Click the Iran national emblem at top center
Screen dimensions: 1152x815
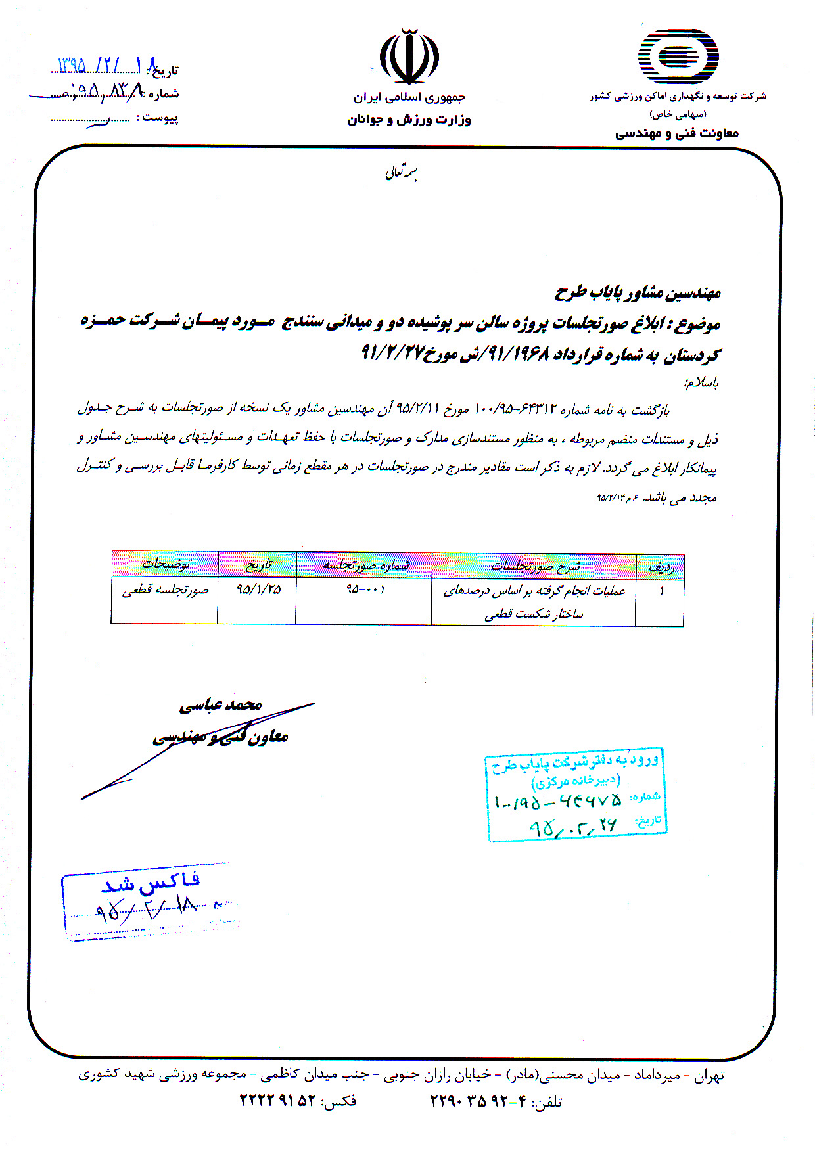409,57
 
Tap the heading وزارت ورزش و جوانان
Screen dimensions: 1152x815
409,120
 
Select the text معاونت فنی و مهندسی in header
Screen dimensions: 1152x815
676,133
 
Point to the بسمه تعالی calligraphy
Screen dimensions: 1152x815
402,172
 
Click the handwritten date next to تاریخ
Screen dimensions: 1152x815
105,65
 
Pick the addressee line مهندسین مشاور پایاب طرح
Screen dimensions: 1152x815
638,293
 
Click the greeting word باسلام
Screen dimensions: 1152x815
702,382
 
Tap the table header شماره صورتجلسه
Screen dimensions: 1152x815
365,565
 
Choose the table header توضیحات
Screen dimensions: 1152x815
166,564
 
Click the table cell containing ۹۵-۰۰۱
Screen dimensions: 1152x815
365,589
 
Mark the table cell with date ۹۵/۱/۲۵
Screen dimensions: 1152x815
258,589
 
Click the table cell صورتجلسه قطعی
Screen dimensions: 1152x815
165,590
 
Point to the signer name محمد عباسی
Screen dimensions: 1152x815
221,705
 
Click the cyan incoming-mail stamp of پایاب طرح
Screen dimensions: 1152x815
576,795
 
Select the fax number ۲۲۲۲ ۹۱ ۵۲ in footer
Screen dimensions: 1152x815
277,1100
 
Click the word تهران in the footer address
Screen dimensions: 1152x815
709,1076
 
